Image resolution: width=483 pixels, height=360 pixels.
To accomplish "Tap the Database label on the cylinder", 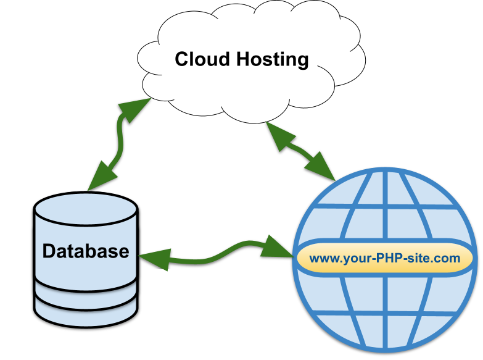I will tap(86, 251).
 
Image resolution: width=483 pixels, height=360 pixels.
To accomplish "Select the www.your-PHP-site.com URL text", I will tap(385, 258).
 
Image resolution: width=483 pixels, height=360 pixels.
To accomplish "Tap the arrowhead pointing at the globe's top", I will tap(322, 167).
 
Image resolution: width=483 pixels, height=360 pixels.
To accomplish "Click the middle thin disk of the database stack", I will tap(86, 288).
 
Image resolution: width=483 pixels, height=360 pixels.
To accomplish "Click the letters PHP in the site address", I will tap(389, 258).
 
